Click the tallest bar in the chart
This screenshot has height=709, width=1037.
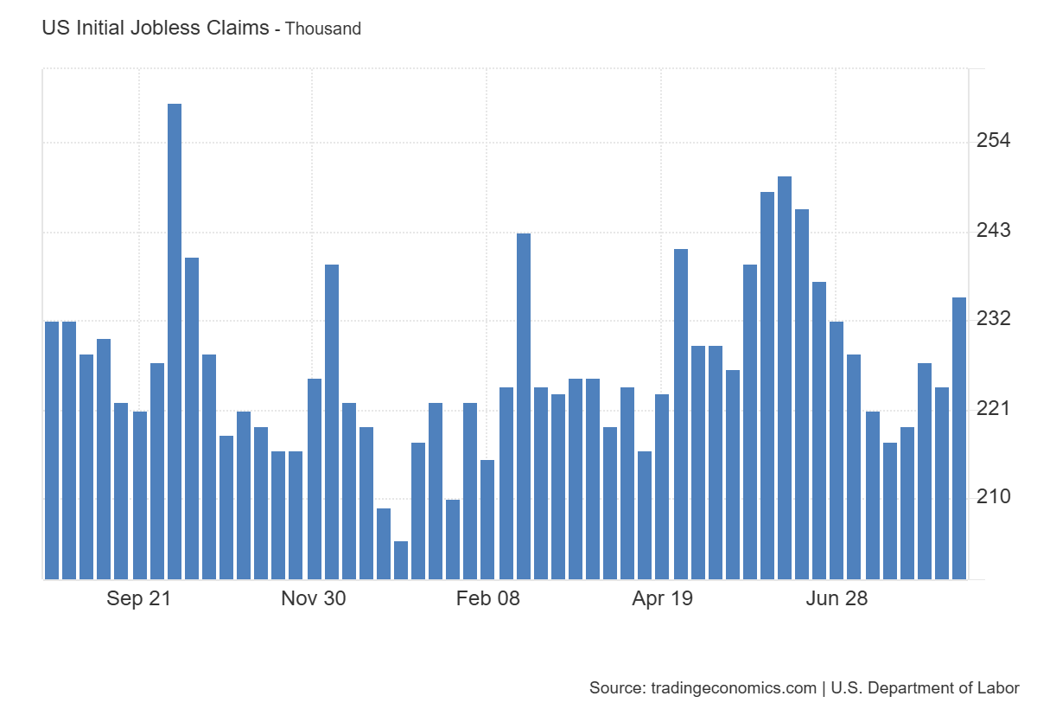[x=175, y=342]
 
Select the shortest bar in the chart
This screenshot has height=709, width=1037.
[x=401, y=560]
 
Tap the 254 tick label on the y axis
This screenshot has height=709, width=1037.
[x=994, y=141]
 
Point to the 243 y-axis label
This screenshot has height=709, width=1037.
[x=994, y=231]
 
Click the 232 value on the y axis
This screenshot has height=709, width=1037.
[x=994, y=319]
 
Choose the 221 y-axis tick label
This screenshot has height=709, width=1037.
[x=994, y=408]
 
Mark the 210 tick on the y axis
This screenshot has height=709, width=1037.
[x=994, y=497]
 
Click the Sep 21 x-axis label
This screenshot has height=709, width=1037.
[x=139, y=598]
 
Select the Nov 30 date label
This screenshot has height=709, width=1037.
[x=314, y=598]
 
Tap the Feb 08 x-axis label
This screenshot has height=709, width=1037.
[x=488, y=598]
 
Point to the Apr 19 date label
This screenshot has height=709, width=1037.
[x=663, y=598]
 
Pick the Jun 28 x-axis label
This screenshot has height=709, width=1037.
[x=837, y=598]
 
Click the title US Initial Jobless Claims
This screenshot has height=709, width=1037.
[x=156, y=28]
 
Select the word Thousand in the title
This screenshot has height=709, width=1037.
[x=323, y=29]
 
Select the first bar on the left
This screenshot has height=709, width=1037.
[x=52, y=450]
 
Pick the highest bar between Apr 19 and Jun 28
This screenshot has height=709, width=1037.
[x=785, y=378]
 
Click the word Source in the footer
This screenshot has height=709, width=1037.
[x=614, y=688]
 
